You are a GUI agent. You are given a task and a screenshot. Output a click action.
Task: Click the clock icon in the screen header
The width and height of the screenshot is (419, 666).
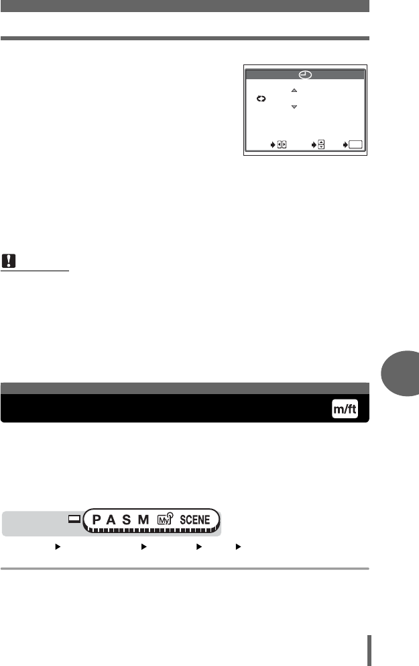(x=305, y=75)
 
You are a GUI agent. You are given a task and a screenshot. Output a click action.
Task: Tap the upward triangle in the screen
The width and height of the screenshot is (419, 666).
(x=294, y=91)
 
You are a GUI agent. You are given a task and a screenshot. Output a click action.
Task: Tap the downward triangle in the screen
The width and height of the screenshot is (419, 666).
(x=294, y=107)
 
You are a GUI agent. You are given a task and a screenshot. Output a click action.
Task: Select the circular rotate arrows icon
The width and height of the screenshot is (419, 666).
(x=261, y=99)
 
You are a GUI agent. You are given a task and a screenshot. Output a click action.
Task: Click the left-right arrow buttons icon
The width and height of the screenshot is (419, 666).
(x=282, y=145)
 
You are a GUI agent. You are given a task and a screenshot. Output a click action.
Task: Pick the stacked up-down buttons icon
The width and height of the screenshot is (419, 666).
(x=321, y=145)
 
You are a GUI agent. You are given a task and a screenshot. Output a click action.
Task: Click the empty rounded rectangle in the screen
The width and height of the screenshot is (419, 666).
(x=355, y=145)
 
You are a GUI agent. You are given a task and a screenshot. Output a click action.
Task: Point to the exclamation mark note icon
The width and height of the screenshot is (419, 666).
(x=9, y=260)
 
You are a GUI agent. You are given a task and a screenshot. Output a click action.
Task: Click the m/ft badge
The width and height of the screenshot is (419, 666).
(x=345, y=409)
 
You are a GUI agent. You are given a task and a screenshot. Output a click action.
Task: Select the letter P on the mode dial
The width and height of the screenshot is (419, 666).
(x=97, y=520)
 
